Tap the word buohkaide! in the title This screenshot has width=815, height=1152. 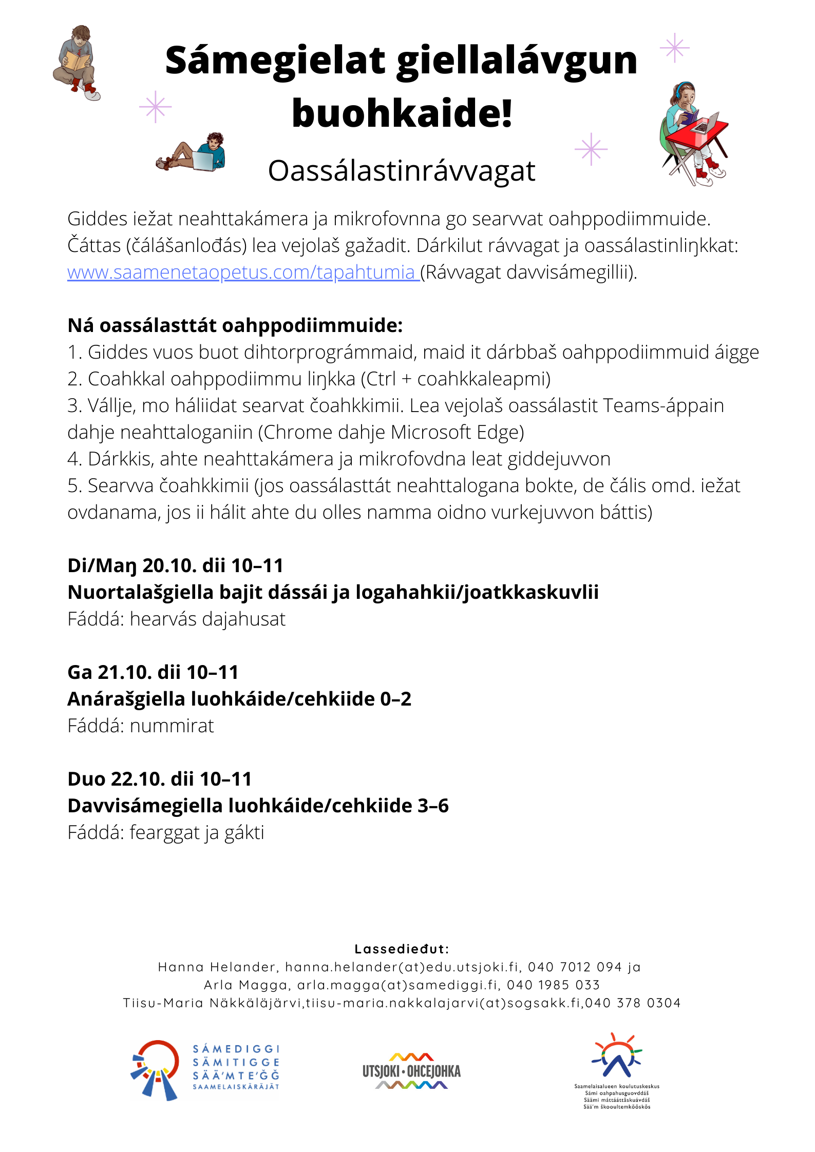(402, 113)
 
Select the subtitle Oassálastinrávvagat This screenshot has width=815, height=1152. (402, 171)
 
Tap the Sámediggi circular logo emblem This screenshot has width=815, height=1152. (155, 1070)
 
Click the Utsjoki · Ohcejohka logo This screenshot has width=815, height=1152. (411, 1070)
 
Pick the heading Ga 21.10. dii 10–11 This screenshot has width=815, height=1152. (153, 672)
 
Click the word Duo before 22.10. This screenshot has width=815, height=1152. (86, 779)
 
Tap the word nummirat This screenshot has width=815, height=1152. (172, 726)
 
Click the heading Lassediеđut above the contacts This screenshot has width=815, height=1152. (402, 949)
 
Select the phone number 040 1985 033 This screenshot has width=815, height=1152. (553, 985)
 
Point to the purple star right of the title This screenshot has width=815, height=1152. (674, 48)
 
